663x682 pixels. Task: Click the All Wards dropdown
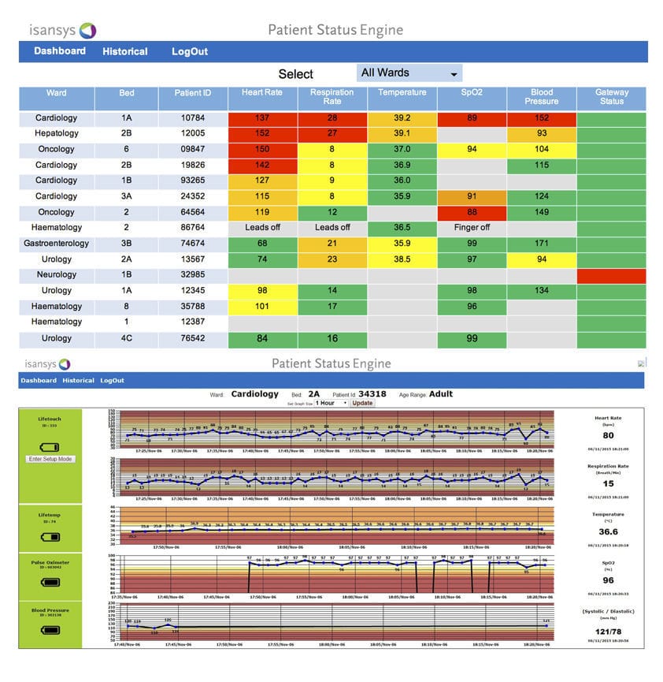point(409,73)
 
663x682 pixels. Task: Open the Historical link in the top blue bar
point(124,51)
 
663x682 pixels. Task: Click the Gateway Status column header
point(611,97)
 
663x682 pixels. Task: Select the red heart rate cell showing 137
point(262,118)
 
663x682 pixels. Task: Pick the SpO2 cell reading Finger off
point(472,227)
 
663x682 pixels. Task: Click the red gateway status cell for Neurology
point(611,275)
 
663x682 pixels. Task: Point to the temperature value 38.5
point(402,259)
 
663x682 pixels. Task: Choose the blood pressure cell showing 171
point(541,243)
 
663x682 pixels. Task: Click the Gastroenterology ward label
point(56,243)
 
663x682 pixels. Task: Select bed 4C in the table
point(127,338)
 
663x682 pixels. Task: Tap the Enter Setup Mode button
point(50,459)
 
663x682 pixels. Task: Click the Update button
point(362,403)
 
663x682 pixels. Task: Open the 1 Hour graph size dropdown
point(331,403)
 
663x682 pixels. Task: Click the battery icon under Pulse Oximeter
point(50,582)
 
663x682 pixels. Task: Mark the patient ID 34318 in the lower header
point(372,394)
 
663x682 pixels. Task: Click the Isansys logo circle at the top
point(88,31)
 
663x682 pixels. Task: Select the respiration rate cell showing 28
point(332,118)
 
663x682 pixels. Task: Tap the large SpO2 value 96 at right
point(608,580)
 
